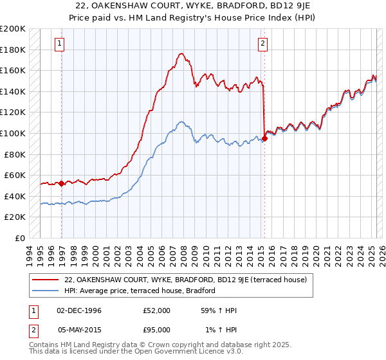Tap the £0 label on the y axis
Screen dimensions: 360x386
(x=20, y=238)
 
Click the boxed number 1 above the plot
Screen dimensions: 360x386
(x=60, y=44)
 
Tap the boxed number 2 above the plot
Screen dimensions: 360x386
(x=263, y=44)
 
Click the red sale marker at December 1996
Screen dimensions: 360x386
(x=62, y=183)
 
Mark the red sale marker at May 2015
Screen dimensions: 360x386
(x=264, y=138)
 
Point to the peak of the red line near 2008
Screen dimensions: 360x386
(x=182, y=53)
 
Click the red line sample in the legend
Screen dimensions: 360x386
(x=45, y=280)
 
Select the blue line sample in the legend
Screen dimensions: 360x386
(x=45, y=291)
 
